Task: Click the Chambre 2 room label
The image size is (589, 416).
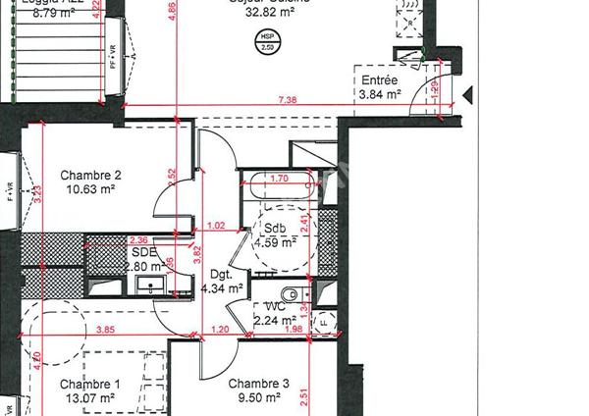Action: [90, 176]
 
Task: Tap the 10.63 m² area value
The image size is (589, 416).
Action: [90, 190]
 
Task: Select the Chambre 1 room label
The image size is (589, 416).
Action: [89, 384]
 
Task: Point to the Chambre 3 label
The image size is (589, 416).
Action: [259, 384]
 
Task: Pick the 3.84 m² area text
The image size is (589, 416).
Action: [380, 95]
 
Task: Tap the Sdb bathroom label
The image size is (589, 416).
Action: [275, 229]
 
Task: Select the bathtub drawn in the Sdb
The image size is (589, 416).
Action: [280, 189]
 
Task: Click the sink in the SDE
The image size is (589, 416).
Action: [150, 286]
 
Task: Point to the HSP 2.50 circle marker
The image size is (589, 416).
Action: [266, 43]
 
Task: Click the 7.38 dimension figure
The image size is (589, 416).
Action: [288, 100]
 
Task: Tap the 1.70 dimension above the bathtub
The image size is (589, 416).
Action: [279, 179]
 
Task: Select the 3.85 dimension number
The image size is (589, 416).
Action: [105, 330]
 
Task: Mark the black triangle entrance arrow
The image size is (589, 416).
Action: [467, 95]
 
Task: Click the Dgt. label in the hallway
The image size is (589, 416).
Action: [220, 275]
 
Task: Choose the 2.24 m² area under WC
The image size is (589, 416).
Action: [275, 320]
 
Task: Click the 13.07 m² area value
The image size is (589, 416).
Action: [89, 398]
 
